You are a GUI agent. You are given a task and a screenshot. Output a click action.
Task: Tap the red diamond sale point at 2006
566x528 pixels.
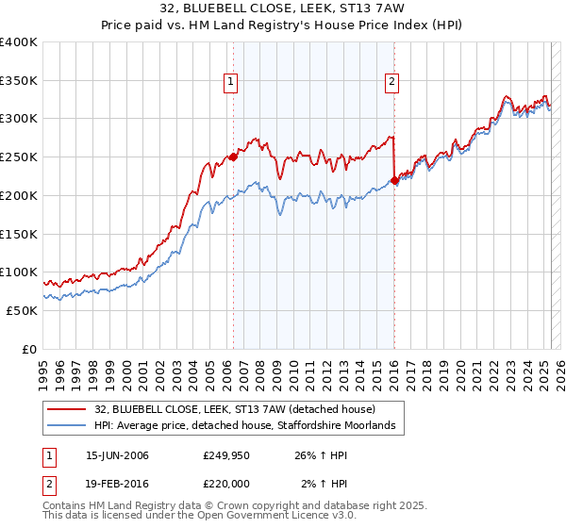[x=233, y=157]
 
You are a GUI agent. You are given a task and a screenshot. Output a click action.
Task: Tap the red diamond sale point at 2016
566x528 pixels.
[x=393, y=180]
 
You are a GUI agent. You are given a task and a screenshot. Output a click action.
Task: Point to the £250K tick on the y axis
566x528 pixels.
[x=19, y=157]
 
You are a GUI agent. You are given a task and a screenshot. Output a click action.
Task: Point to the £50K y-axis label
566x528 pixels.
[x=22, y=310]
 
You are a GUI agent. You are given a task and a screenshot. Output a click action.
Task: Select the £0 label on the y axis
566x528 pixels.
[x=29, y=349]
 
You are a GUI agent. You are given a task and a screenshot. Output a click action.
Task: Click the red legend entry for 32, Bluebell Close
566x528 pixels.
[x=235, y=409]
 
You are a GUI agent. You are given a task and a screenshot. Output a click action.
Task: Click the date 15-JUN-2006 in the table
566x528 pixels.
[x=117, y=456]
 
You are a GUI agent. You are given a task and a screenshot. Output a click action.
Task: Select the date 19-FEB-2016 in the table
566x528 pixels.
[x=117, y=485]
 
